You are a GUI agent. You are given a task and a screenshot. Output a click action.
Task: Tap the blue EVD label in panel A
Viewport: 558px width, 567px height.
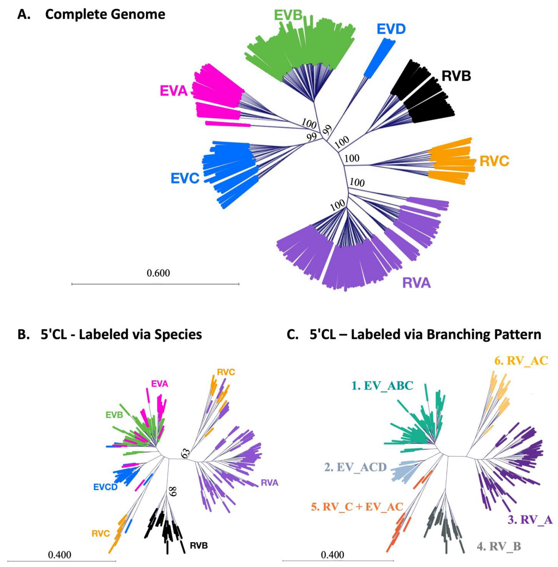(391, 29)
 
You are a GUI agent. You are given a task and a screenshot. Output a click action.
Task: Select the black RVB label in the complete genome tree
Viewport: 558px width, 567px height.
(456, 76)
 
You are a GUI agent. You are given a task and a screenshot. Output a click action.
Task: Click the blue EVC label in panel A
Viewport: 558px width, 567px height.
(185, 178)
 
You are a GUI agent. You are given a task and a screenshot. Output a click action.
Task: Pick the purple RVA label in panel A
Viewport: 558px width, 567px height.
(417, 283)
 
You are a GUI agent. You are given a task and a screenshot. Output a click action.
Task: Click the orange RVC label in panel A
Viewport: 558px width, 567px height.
(494, 161)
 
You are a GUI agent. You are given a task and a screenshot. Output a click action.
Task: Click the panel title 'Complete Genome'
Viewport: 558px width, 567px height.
(105, 14)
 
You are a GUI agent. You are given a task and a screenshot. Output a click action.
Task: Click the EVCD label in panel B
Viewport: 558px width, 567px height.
(106, 487)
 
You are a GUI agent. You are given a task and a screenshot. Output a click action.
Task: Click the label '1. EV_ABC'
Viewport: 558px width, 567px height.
(382, 386)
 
